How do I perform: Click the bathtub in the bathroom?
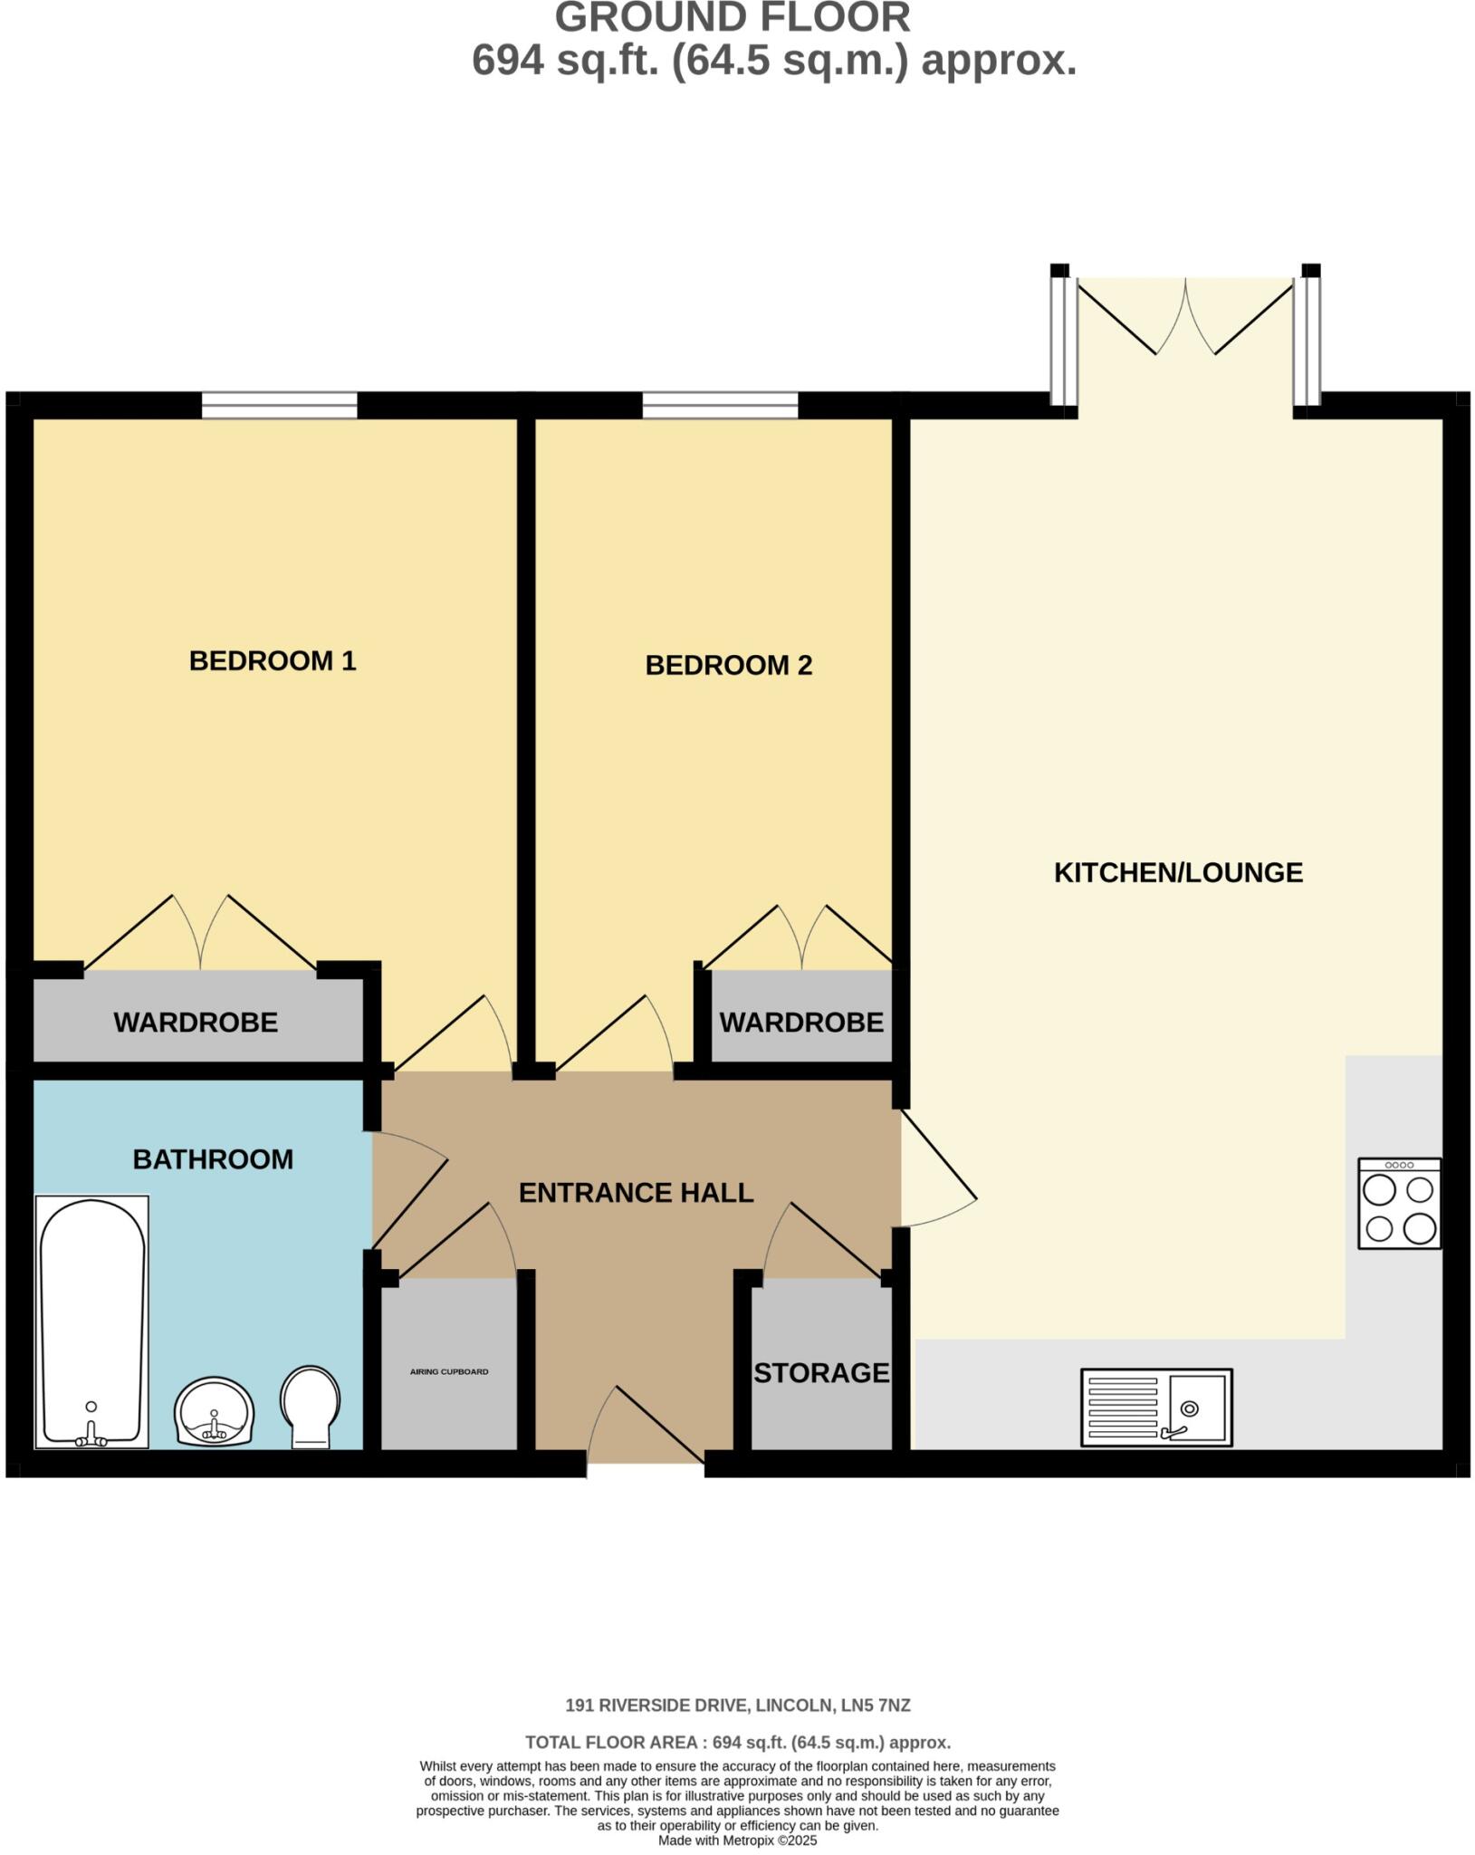coord(91,1322)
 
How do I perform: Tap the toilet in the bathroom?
coord(310,1406)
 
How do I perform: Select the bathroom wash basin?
coord(215,1412)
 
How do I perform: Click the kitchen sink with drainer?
coord(1156,1407)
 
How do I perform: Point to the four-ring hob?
coord(1399,1204)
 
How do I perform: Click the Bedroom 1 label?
coord(273,661)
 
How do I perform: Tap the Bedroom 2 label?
coord(728,666)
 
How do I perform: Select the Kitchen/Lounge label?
coord(1178,872)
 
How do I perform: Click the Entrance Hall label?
coord(636,1193)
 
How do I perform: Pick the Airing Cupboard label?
coord(449,1372)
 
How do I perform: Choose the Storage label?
coord(821,1373)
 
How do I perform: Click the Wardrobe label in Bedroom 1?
coord(196,1023)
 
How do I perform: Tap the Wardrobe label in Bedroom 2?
coord(800,1023)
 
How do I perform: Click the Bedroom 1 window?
coord(279,405)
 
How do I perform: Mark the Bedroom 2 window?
coord(721,405)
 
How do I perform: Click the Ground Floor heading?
coord(732,18)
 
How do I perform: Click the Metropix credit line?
coord(737,1841)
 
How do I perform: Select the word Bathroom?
coord(213,1159)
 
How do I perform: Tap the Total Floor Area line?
coord(737,1742)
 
